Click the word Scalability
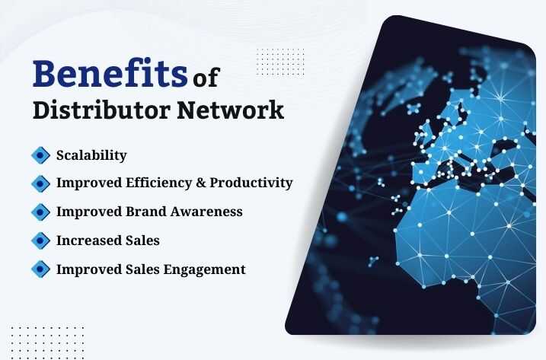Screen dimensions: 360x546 tap(91, 155)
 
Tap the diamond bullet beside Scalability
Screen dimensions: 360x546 tap(40, 155)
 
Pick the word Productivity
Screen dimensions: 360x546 tap(251, 183)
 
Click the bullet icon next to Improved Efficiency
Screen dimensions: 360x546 tap(40, 183)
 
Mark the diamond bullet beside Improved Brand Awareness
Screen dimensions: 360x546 tap(40, 212)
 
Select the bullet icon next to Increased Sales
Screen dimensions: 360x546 tap(40, 241)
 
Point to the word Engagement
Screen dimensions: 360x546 tap(208, 269)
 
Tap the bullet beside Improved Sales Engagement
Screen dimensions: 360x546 tap(40, 269)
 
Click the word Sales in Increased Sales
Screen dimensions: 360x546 tap(143, 241)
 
